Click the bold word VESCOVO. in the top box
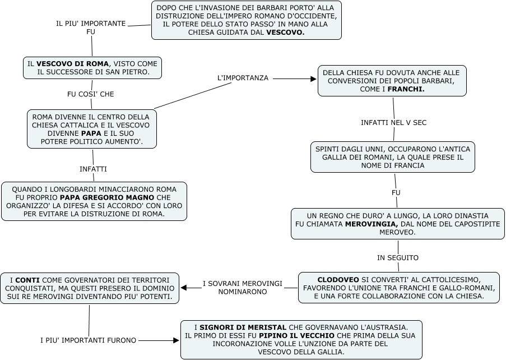pyautogui.click(x=285, y=33)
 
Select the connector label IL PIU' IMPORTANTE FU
pyautogui.click(x=91, y=28)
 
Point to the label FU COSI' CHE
pyautogui.click(x=90, y=94)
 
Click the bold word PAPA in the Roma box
pyautogui.click(x=91, y=134)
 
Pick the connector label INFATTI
pyautogui.click(x=93, y=169)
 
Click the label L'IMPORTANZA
pyautogui.click(x=243, y=78)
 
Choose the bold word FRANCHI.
pyautogui.click(x=406, y=89)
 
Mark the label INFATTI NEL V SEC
pyautogui.click(x=393, y=122)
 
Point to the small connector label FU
pyautogui.click(x=396, y=193)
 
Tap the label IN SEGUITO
pyautogui.click(x=397, y=258)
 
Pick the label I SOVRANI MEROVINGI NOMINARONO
pyautogui.click(x=242, y=288)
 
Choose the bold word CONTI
pyautogui.click(x=27, y=279)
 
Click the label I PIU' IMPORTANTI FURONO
pyautogui.click(x=89, y=340)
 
